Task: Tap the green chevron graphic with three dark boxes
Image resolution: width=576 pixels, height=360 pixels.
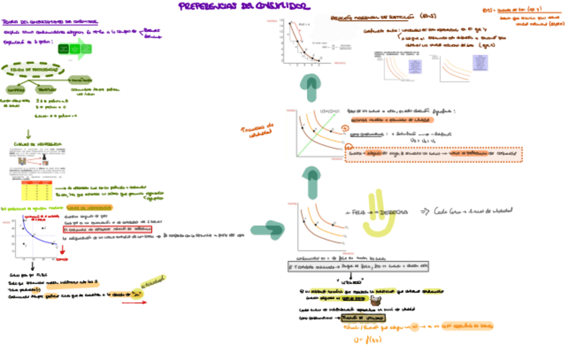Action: pos(73,49)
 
